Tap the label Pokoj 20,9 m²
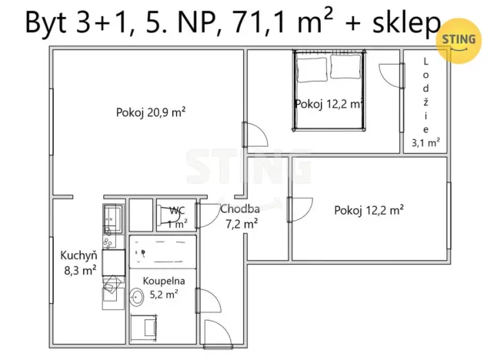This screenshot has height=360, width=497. [152, 112]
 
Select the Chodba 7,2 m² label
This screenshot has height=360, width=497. [239, 216]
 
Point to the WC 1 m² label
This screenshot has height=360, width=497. [177, 217]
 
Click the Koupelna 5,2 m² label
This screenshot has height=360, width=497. [157, 287]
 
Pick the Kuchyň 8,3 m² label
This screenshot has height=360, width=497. [78, 262]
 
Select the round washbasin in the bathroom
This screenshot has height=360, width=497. [138, 296]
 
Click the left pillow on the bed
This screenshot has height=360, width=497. [312, 67]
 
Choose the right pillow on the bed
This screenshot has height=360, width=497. [346, 67]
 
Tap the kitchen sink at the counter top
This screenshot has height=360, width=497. [112, 218]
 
